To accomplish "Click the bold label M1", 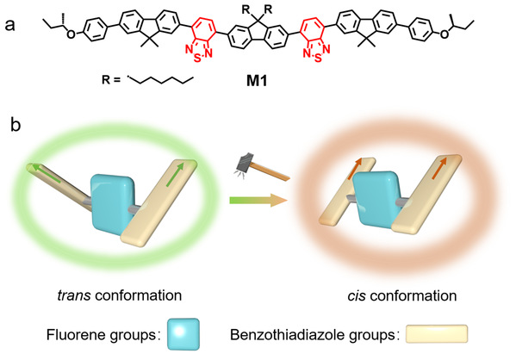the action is (257, 81).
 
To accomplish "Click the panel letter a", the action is (10, 25).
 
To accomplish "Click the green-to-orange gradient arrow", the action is (258, 200).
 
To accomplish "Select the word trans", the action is (74, 295).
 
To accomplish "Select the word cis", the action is (357, 295).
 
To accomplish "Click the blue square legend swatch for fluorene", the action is (183, 333).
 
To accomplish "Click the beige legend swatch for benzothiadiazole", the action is (437, 334).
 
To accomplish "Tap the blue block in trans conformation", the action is (113, 205).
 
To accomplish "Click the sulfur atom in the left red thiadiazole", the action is (197, 59).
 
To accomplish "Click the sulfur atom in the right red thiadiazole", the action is (318, 59).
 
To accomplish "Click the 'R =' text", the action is (111, 79).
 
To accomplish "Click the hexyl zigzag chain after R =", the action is (160, 80).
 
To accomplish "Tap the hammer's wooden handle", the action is (272, 171).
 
